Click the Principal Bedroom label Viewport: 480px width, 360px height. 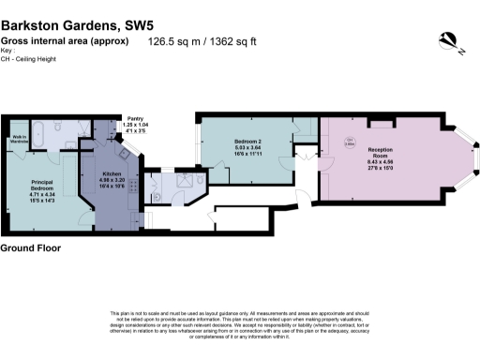coord(44,185)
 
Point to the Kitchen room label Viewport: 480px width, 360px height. coord(112,174)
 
